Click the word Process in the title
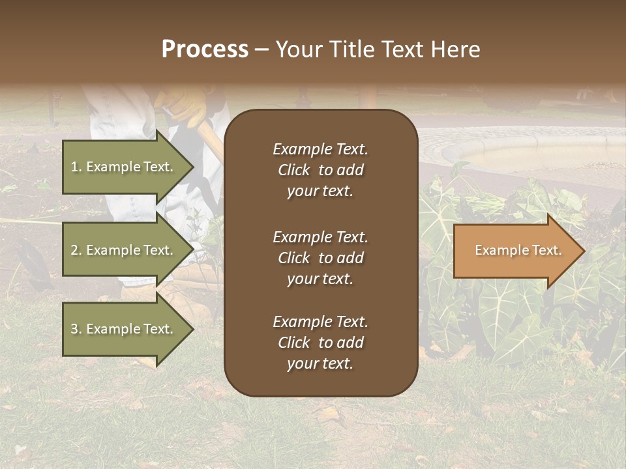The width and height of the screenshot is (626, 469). (x=205, y=50)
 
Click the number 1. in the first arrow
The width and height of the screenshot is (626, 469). (x=76, y=167)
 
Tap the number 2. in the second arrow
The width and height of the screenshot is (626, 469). (x=76, y=250)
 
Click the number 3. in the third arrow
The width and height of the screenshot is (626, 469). (x=76, y=329)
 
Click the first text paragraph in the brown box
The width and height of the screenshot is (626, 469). (x=320, y=170)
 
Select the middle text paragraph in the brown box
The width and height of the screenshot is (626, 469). (x=320, y=258)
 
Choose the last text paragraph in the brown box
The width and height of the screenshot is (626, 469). (x=320, y=343)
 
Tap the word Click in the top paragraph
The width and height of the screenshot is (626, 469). (x=293, y=170)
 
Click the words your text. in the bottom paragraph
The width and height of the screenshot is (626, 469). (x=320, y=363)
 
